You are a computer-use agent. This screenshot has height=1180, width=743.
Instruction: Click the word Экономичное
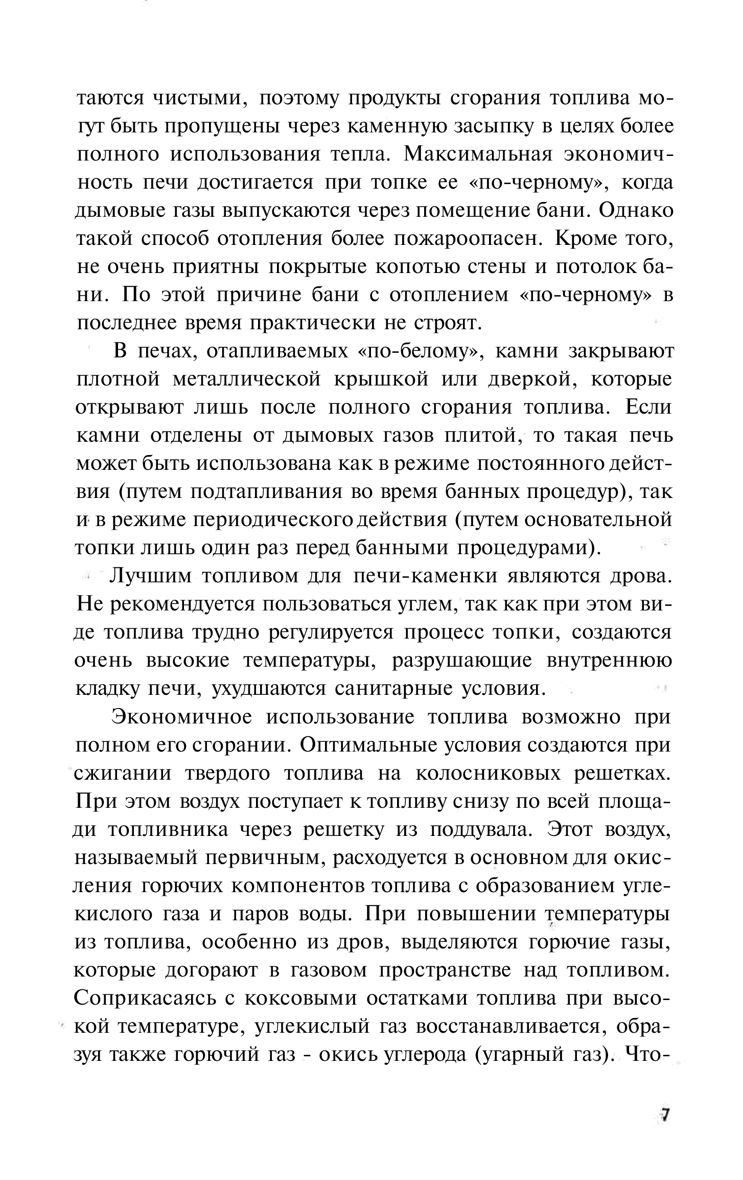[182, 717]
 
